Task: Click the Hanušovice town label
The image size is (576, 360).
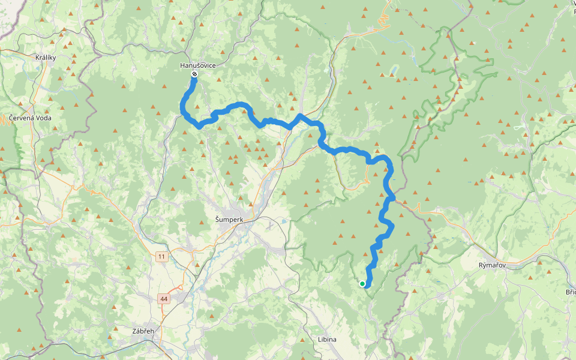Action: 194,65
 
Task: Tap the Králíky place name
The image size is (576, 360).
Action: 46,58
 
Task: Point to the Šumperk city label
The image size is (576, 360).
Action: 229,220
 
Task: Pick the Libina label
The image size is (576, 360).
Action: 327,339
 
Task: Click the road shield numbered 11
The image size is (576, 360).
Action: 161,257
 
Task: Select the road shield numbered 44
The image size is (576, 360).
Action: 164,298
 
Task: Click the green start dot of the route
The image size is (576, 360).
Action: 362,284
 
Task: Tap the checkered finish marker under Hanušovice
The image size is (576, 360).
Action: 194,74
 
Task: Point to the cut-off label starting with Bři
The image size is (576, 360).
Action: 570,292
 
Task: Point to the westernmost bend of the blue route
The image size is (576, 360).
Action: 182,108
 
